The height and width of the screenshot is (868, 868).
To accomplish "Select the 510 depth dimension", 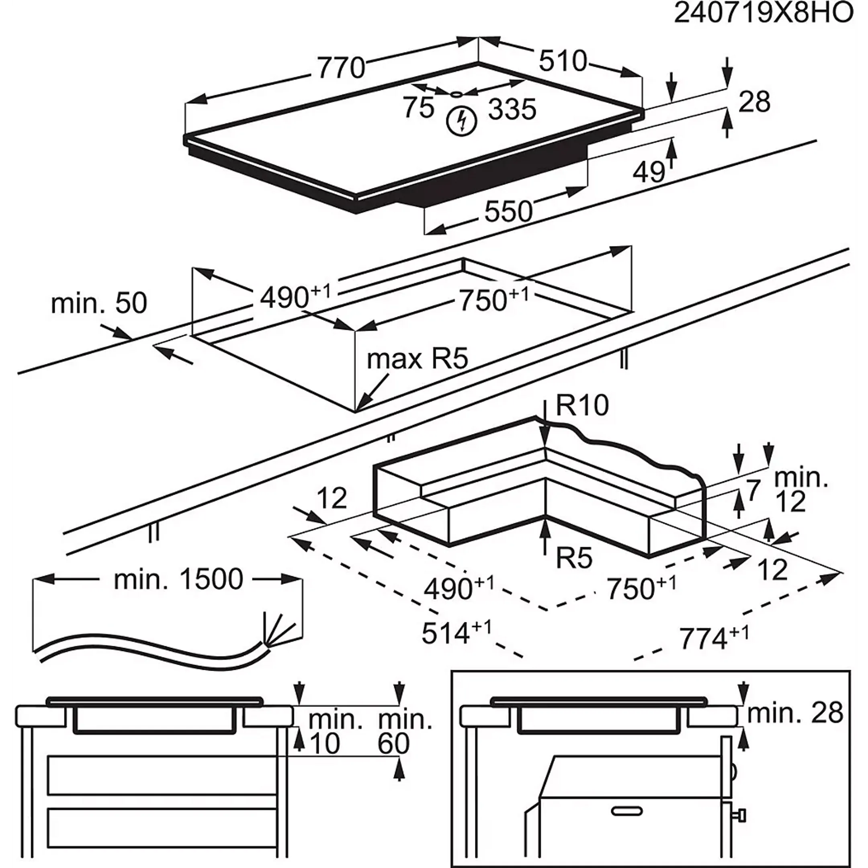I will click(x=563, y=61).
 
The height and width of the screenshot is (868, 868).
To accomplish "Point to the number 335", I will click(x=512, y=109).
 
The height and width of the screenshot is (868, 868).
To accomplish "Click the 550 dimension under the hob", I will click(x=508, y=211).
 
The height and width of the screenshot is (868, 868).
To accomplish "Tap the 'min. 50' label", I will click(x=99, y=303).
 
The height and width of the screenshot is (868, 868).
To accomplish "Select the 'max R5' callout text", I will click(x=418, y=359).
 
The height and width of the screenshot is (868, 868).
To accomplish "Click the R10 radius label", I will click(x=582, y=406).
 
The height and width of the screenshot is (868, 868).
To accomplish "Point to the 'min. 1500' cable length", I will click(x=178, y=579).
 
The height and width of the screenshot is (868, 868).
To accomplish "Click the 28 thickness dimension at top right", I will click(x=754, y=102).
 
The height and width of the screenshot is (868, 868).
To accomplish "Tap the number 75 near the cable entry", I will click(x=418, y=108).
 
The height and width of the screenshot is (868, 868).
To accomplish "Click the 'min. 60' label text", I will click(x=405, y=732).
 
